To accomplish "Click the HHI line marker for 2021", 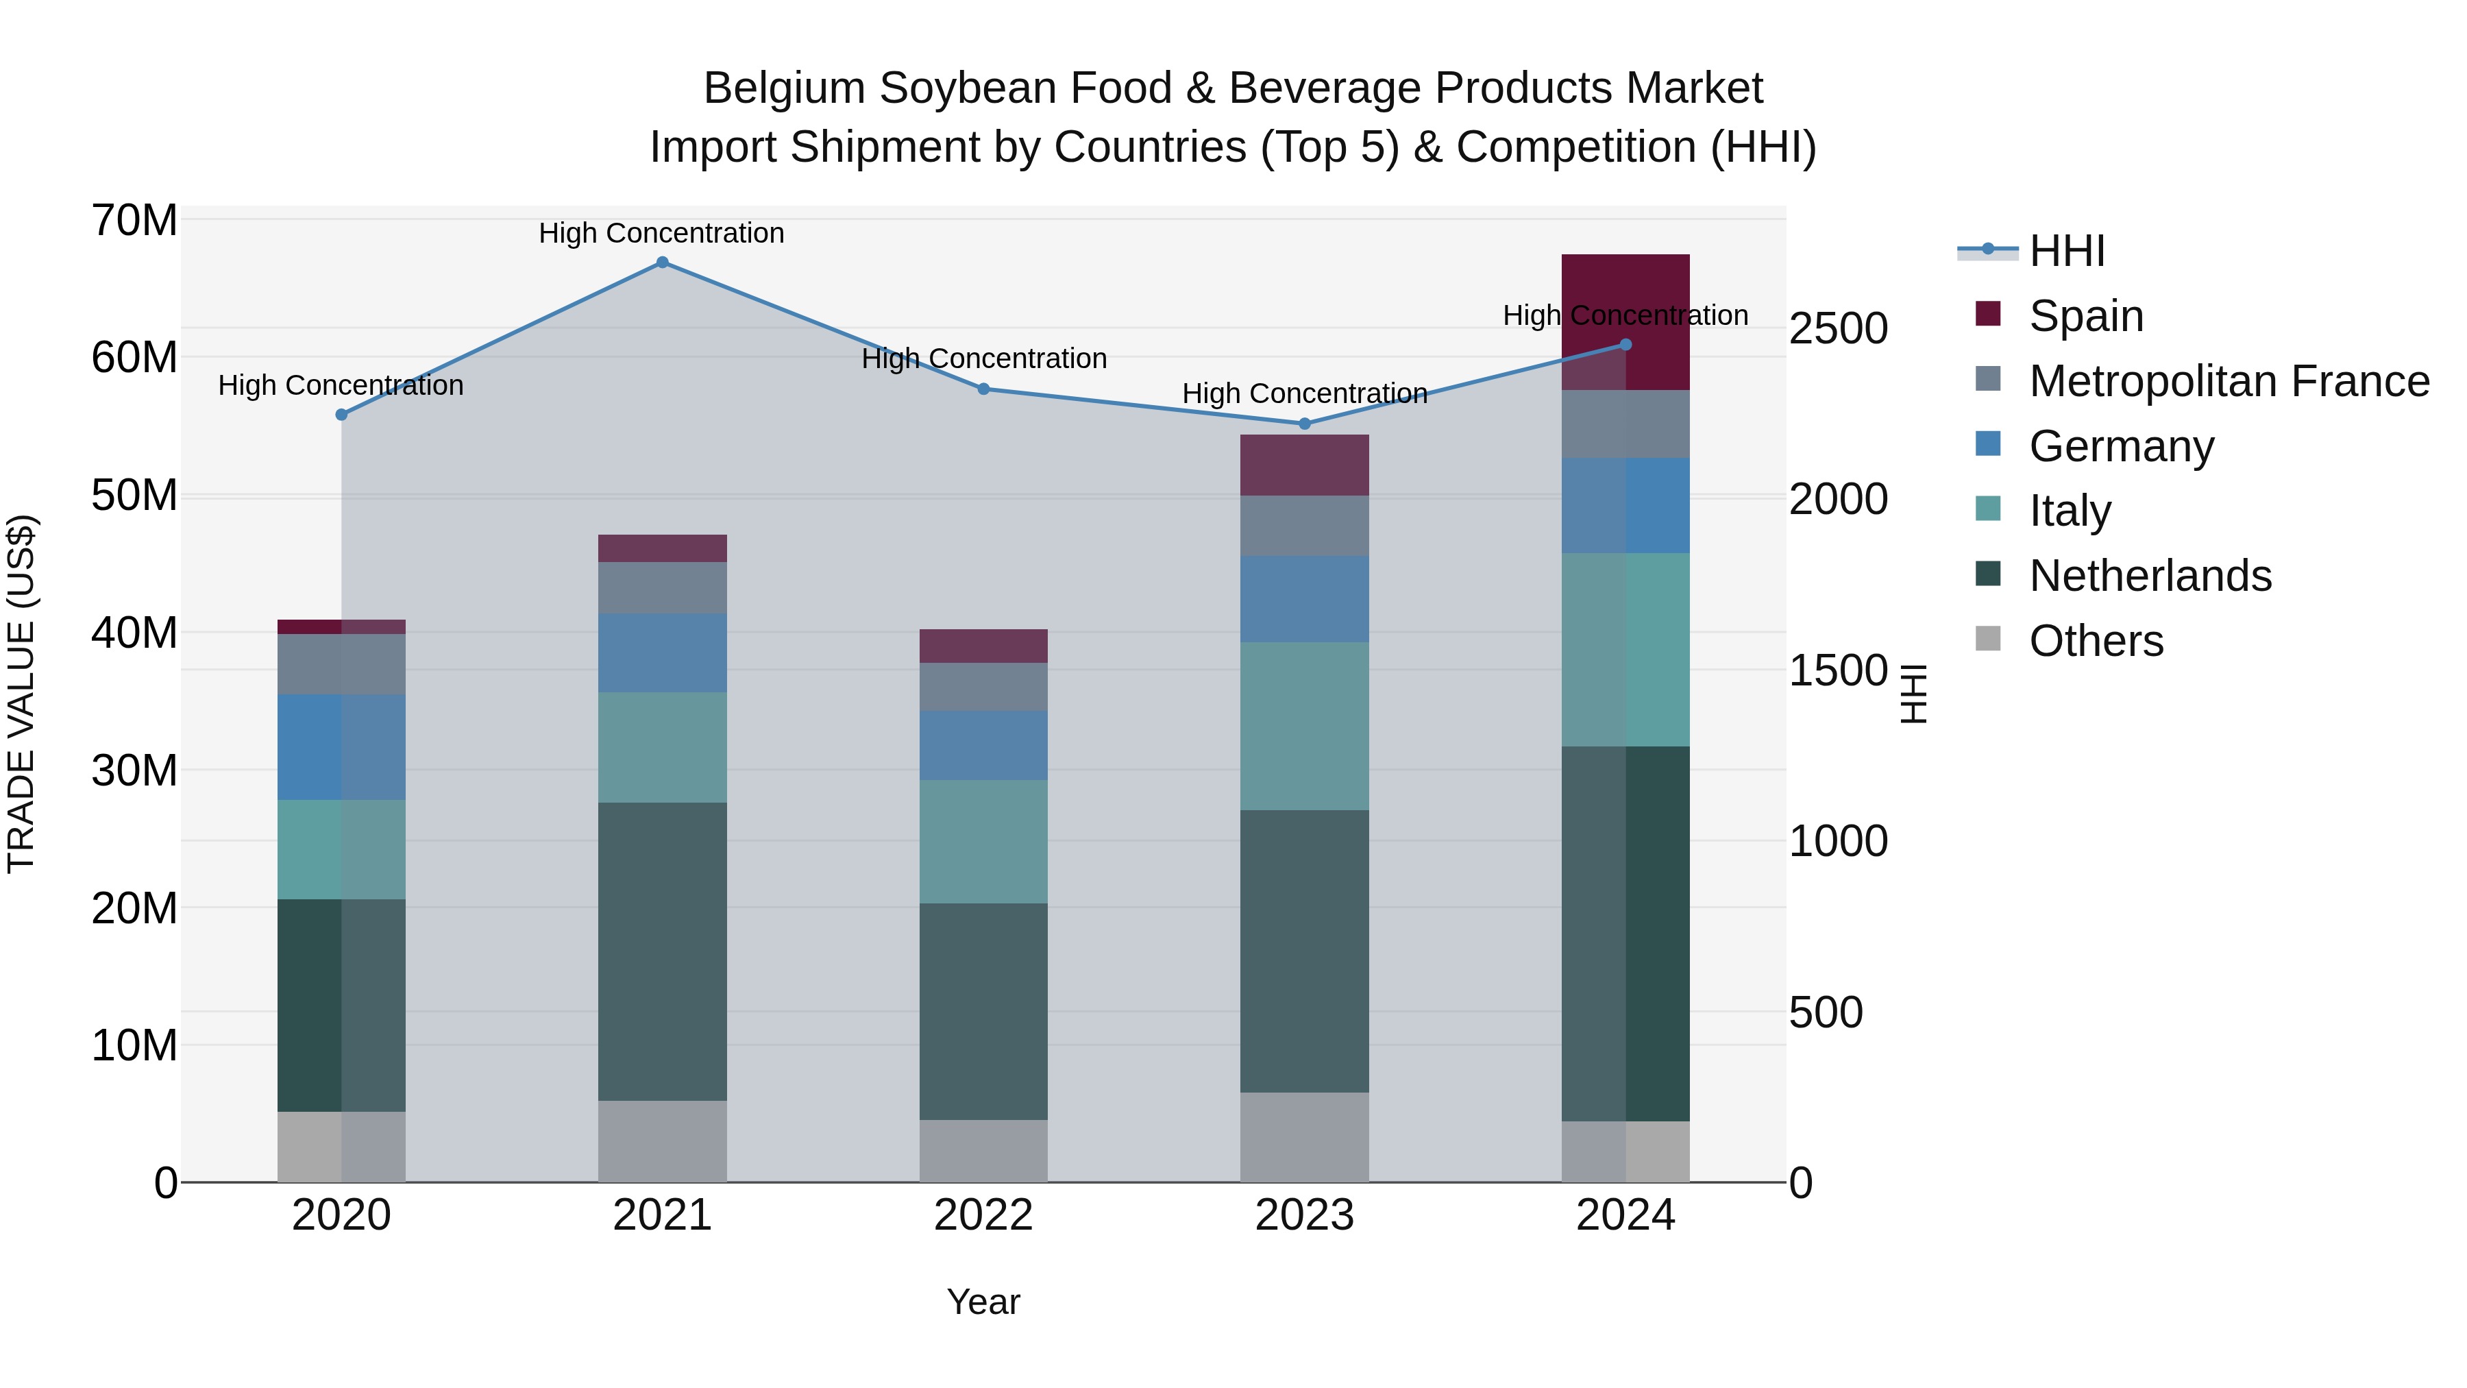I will tap(662, 263).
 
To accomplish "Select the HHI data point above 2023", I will tap(1304, 424).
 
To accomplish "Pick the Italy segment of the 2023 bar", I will tap(1304, 725).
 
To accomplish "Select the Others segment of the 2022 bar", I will tap(983, 1149).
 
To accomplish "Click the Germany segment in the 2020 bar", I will tap(341, 746).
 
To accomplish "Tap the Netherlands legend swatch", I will tap(1988, 575).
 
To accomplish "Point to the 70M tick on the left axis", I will tap(134, 220).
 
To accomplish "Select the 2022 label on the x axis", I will tap(983, 1215).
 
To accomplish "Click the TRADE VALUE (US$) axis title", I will tap(21, 694).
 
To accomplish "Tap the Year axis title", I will tap(983, 1302).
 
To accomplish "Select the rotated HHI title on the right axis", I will tap(1913, 694).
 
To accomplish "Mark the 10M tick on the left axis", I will tap(134, 1045).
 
